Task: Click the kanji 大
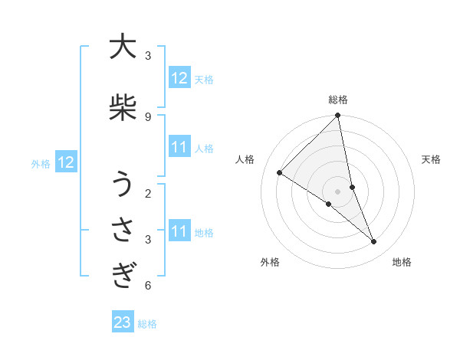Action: click(122, 47)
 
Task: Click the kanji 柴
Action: click(122, 108)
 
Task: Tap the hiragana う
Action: click(122, 185)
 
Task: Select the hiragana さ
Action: click(122, 230)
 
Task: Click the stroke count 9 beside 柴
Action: click(147, 116)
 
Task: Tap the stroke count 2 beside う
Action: click(147, 193)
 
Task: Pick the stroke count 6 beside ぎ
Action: click(147, 286)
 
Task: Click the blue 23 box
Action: click(123, 323)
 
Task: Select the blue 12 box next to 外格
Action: click(66, 162)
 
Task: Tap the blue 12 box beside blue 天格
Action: click(179, 78)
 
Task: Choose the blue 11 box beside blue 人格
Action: click(179, 147)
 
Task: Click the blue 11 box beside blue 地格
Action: click(179, 231)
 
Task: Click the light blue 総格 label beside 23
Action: click(148, 324)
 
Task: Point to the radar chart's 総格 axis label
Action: click(338, 100)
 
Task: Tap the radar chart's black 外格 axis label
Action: click(270, 262)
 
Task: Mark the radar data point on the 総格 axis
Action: click(338, 116)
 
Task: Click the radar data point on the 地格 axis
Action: click(374, 241)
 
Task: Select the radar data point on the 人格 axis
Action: click(280, 173)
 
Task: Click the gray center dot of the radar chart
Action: click(338, 191)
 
